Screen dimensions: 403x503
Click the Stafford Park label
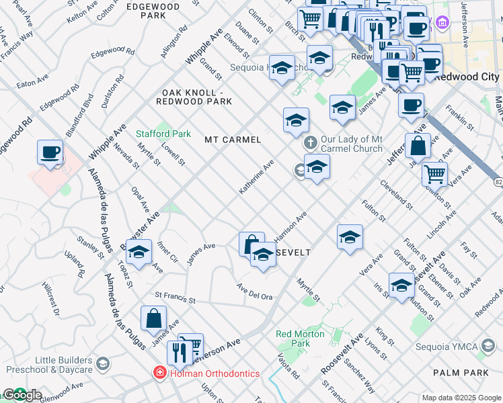[x=159, y=134]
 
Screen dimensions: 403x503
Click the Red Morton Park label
[x=300, y=339]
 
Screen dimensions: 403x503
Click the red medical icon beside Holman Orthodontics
[x=160, y=373]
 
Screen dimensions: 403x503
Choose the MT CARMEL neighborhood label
[x=233, y=140]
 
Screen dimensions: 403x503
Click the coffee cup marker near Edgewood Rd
[x=50, y=152]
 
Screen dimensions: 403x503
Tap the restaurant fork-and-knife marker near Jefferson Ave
[x=178, y=350]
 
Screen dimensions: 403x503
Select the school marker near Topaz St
[x=139, y=253]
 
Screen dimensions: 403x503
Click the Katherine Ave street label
[x=257, y=177]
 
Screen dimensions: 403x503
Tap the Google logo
[x=22, y=396]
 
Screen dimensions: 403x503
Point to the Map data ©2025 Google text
[x=461, y=398]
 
